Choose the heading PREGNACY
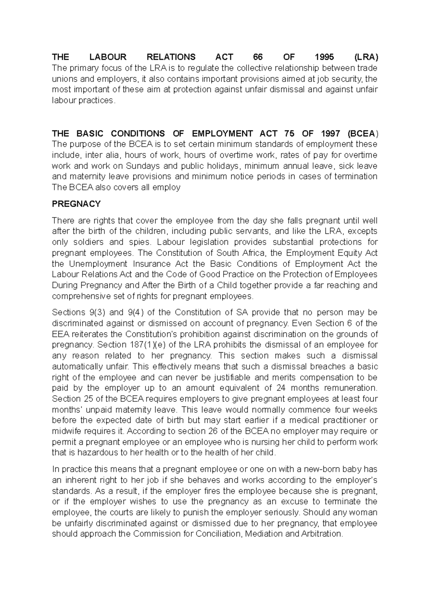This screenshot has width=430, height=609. pyautogui.click(x=76, y=204)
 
